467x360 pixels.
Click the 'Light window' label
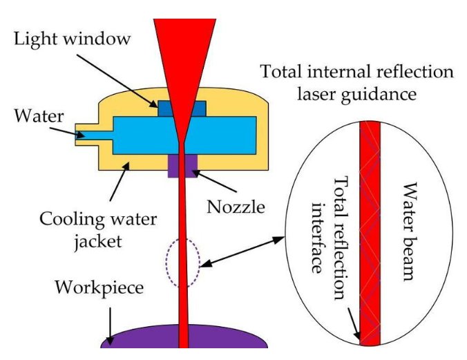(x=72, y=39)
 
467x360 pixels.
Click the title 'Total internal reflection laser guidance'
(x=356, y=82)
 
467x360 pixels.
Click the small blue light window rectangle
(x=182, y=108)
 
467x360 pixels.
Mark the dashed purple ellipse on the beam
(x=183, y=263)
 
